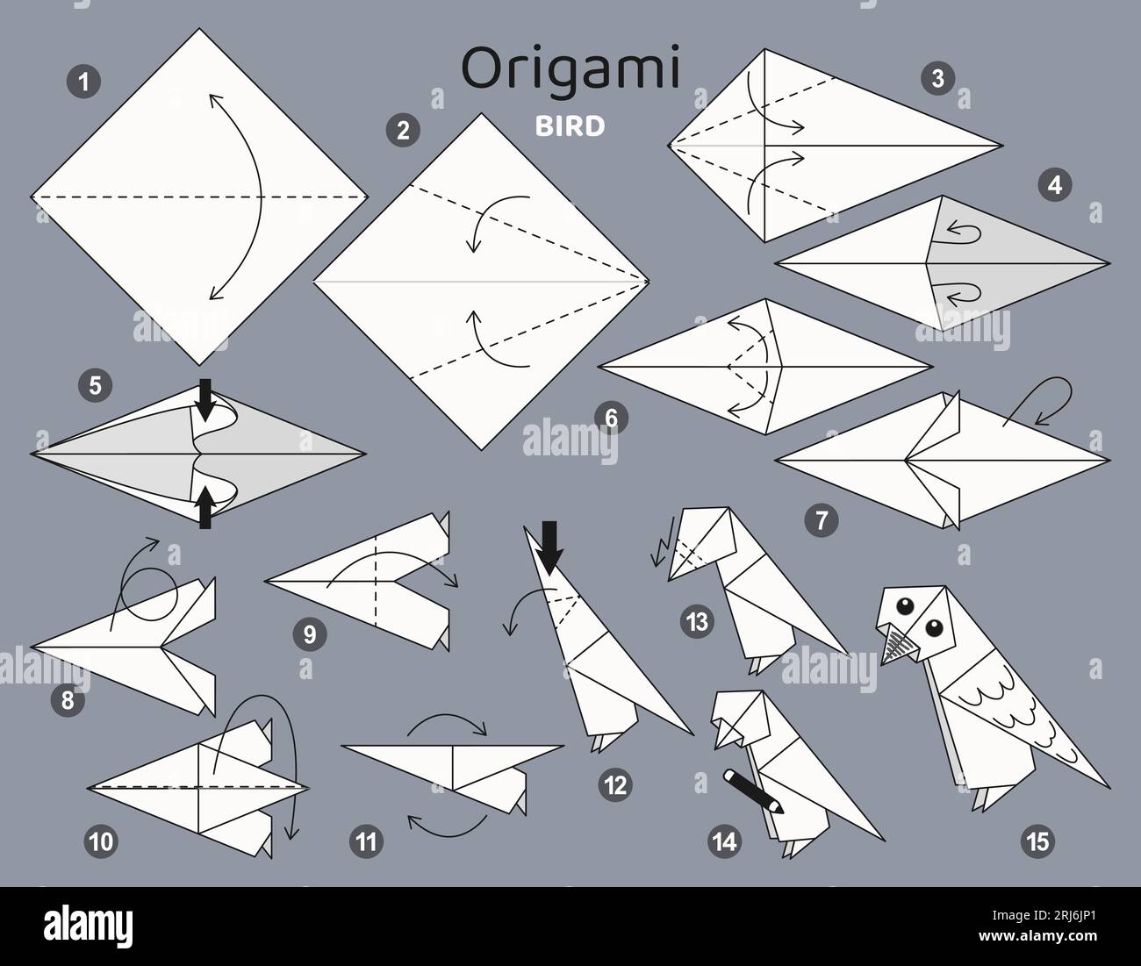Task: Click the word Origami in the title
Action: [x=570, y=70]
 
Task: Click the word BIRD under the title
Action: [x=570, y=126]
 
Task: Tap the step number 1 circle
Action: [x=83, y=82]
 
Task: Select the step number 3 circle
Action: [x=937, y=79]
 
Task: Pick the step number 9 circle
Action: [x=309, y=634]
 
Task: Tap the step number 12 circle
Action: [x=617, y=784]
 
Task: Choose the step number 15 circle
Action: [x=1036, y=841]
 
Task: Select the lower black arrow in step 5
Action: [x=205, y=508]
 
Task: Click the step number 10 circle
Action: [x=101, y=841]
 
